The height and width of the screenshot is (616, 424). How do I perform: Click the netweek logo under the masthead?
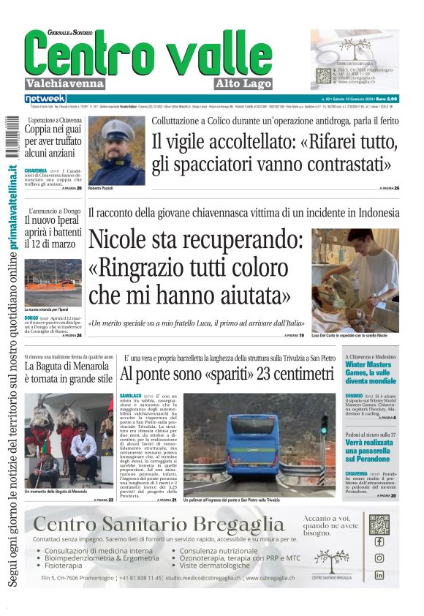(x=45, y=98)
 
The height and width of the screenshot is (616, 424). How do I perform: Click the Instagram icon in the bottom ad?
(x=379, y=557)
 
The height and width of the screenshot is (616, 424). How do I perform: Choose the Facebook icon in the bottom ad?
(x=379, y=542)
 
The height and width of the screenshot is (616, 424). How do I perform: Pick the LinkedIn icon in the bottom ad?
(x=379, y=575)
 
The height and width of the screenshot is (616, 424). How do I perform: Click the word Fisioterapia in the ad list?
(x=68, y=566)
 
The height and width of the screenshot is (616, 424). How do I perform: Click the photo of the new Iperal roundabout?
(x=53, y=282)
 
